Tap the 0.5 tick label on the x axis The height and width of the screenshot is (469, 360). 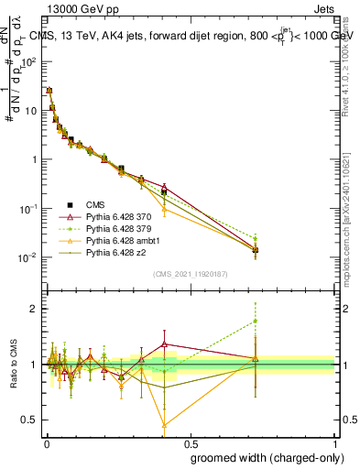click(190, 443)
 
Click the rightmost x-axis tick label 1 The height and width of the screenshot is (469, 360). click(334, 443)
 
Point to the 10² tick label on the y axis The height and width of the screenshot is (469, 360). click(28, 61)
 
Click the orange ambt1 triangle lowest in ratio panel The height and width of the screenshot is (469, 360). click(164, 425)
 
